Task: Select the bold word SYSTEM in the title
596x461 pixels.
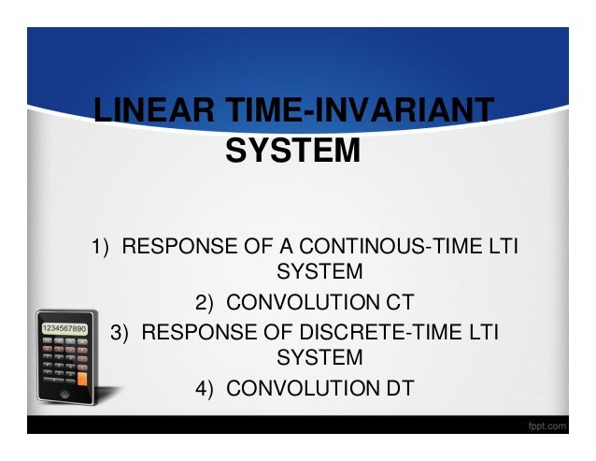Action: (292, 150)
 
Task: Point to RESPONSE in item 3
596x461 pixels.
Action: (196, 331)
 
